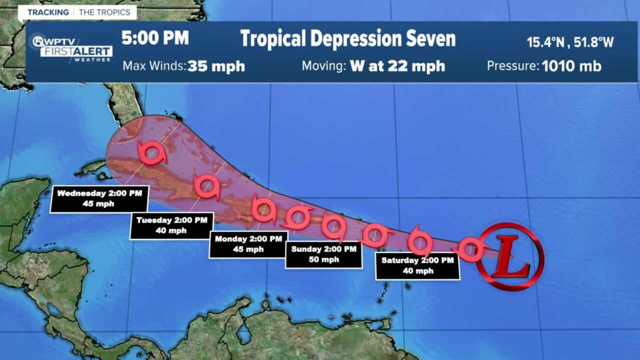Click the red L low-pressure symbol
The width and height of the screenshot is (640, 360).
coord(510,256)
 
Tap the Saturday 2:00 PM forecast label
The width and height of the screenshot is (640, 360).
coord(417,266)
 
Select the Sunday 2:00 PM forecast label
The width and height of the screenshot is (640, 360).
coord(323,254)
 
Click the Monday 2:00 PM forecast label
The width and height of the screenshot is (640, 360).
coord(248,244)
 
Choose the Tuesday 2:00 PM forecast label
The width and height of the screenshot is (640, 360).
coord(171,225)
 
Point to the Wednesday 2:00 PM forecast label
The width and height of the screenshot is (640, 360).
coord(99,198)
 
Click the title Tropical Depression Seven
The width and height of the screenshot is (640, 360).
coord(347,39)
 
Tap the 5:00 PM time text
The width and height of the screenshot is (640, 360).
coord(155,38)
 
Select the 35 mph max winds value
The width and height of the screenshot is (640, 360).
coord(216,66)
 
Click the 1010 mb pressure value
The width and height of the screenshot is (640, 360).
coord(571,66)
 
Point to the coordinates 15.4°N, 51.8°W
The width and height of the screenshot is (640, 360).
coord(570,42)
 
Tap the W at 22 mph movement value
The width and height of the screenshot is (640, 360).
coord(397,66)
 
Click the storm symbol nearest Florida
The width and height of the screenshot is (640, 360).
coord(152,152)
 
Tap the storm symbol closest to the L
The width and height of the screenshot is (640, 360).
coord(471,248)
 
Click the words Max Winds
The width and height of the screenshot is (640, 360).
coord(154,66)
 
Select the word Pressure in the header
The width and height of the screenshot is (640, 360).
coord(512,66)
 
